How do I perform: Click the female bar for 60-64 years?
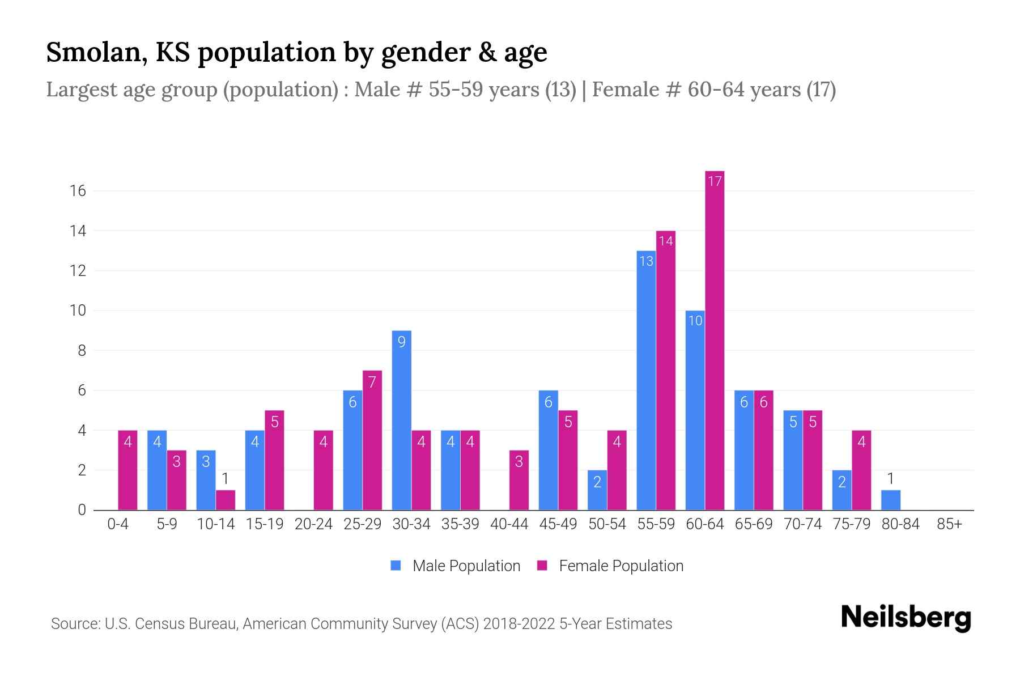[715, 340]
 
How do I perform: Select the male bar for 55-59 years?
[646, 380]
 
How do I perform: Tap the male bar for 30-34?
[401, 420]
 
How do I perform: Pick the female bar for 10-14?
[226, 500]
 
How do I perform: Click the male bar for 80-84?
[890, 500]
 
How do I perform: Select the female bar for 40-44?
[519, 480]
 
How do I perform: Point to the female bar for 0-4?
[127, 470]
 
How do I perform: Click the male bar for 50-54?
[597, 490]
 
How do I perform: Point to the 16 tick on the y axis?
[78, 191]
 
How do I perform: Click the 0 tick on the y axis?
[82, 510]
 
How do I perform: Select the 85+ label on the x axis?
[949, 524]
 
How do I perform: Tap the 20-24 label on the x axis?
[313, 524]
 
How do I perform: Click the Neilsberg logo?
[906, 618]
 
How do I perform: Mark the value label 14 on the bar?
[666, 241]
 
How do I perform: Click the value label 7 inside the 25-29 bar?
[372, 382]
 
